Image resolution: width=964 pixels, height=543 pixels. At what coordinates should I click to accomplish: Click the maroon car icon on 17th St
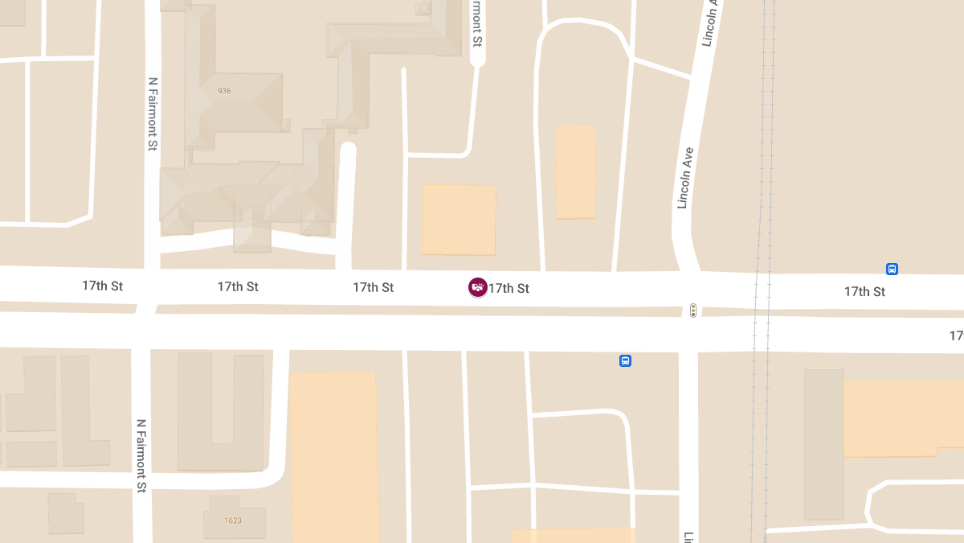coord(477,287)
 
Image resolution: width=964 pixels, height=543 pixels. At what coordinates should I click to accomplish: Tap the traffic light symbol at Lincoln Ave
coord(693,310)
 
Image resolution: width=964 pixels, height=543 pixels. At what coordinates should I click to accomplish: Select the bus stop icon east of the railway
coord(892,269)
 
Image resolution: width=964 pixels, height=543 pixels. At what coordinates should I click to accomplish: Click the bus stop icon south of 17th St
coord(625,361)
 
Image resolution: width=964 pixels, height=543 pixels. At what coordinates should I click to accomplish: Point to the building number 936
coord(224,91)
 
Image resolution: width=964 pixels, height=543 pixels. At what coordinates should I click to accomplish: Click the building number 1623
coord(234,520)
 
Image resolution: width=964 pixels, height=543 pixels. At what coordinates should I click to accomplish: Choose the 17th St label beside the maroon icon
coord(509,288)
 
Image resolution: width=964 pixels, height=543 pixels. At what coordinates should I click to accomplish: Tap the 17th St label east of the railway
coord(864,291)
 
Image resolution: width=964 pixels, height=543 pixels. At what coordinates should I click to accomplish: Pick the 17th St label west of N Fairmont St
coord(102,286)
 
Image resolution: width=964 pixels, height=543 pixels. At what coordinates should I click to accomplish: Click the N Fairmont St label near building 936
coord(153,114)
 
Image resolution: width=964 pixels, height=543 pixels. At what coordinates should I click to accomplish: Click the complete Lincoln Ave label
coord(684,178)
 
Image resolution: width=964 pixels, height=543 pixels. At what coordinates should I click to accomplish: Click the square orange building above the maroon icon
coord(459,220)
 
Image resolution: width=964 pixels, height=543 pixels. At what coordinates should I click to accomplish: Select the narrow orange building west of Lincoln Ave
coord(575,171)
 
